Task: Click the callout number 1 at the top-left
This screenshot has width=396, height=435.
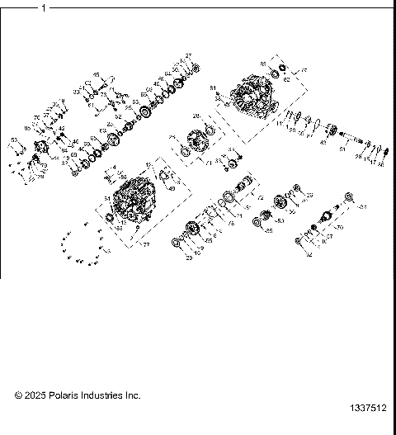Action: coord(43,9)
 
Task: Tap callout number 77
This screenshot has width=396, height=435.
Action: coord(147,245)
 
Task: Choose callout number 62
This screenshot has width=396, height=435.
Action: coord(285,80)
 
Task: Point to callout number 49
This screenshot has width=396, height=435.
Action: coord(171,187)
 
